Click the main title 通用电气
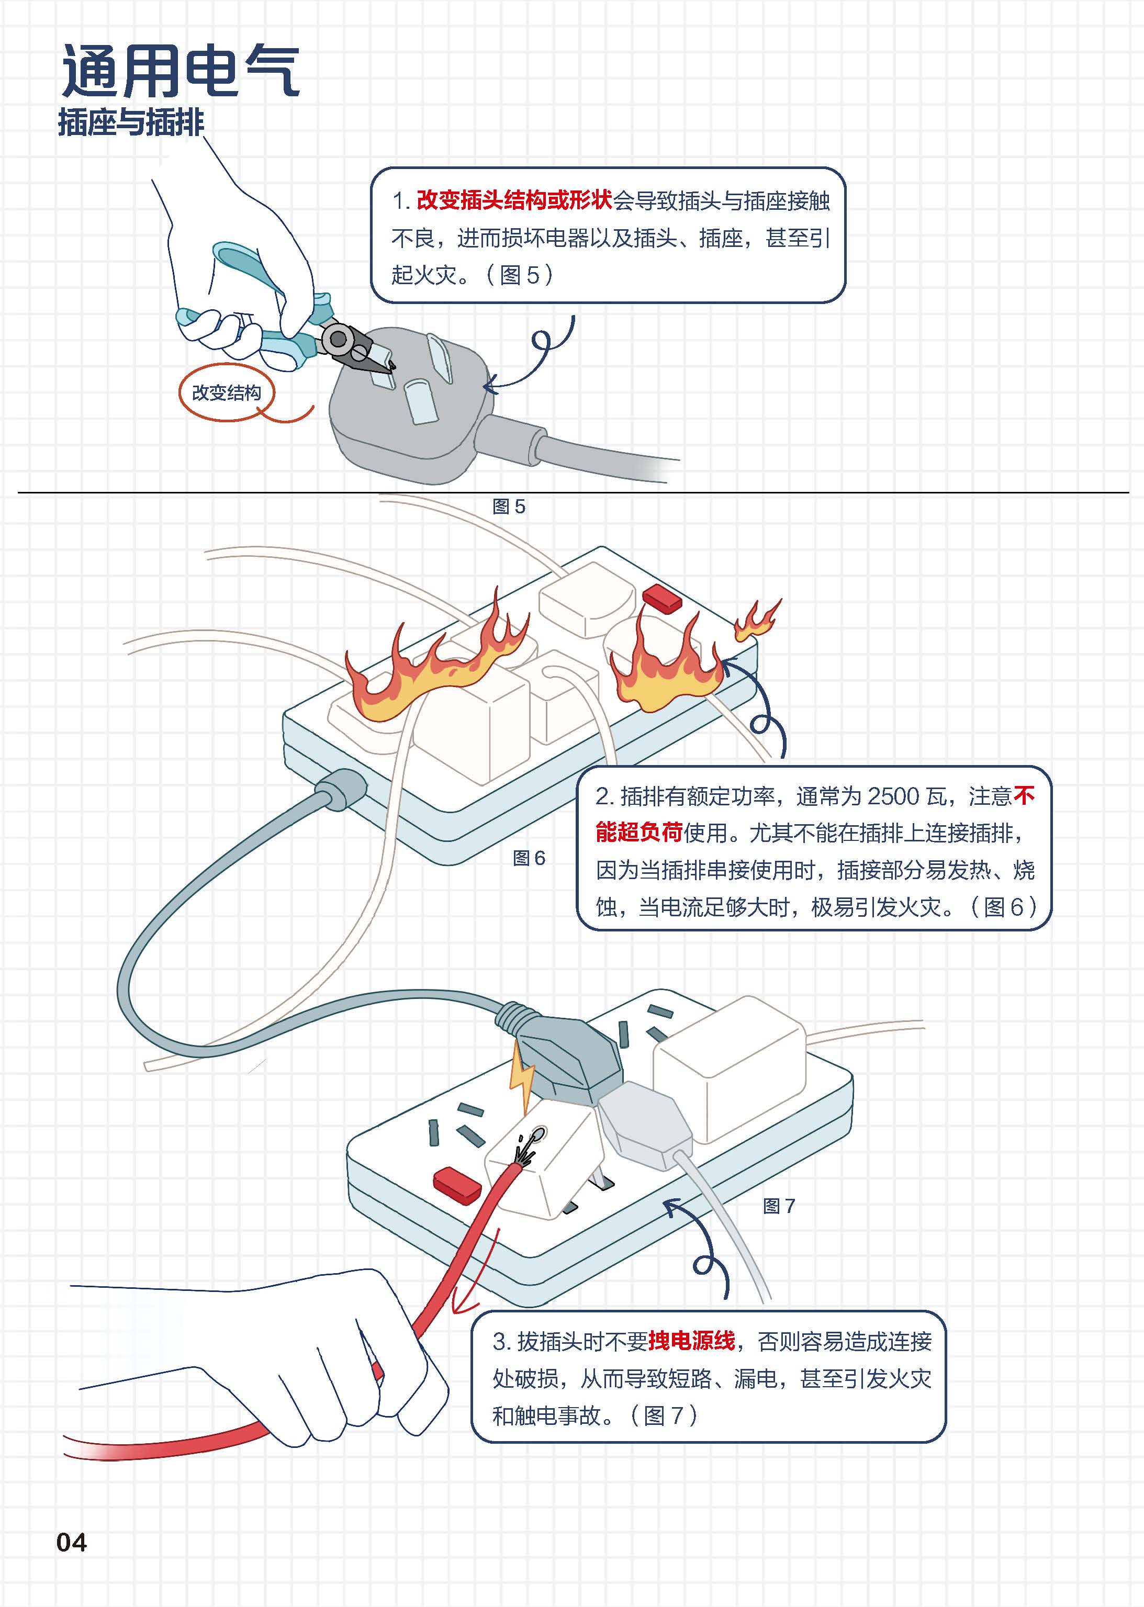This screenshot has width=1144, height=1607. pyautogui.click(x=181, y=71)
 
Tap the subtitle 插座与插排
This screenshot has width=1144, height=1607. pyautogui.click(x=131, y=122)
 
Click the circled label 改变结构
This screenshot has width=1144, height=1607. pyautogui.click(x=226, y=392)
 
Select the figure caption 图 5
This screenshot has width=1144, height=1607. pyautogui.click(x=509, y=507)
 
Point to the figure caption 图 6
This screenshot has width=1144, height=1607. pyautogui.click(x=529, y=858)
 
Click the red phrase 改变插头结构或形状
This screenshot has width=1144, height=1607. pyautogui.click(x=514, y=201)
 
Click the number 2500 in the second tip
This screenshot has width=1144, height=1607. pyautogui.click(x=893, y=796)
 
